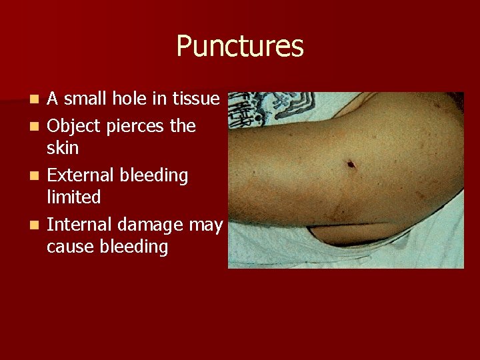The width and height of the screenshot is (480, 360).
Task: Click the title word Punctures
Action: coord(240,47)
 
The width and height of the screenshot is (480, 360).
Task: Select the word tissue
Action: coord(195,99)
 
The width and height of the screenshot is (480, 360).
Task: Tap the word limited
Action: coord(74,197)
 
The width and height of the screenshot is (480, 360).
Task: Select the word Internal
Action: coord(78,225)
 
